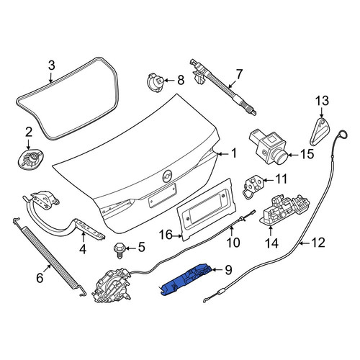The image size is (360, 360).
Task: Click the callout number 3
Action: click(52, 66)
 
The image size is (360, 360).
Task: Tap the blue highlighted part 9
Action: click(186, 279)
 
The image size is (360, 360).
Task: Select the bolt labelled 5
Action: click(119, 250)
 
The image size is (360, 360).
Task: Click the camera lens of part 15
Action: click(281, 158)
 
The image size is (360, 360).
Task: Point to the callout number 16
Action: click(166, 235)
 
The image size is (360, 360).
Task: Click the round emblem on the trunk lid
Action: click(167, 175)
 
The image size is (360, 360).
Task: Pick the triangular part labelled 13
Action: click(320, 132)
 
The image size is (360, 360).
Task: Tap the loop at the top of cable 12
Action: click(343, 135)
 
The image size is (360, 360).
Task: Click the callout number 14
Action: click(271, 243)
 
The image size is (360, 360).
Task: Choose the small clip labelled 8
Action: click(156, 83)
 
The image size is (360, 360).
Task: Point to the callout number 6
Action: click(40, 278)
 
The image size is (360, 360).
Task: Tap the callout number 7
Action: click(239, 74)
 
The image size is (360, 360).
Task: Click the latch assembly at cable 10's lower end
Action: click(112, 286)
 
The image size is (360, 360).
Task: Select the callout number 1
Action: click(233, 153)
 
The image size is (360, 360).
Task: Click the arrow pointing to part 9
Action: click(217, 270)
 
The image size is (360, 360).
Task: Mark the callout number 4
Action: click(83, 249)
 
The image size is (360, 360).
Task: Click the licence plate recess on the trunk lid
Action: click(162, 196)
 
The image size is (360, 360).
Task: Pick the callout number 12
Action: click(318, 243)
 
